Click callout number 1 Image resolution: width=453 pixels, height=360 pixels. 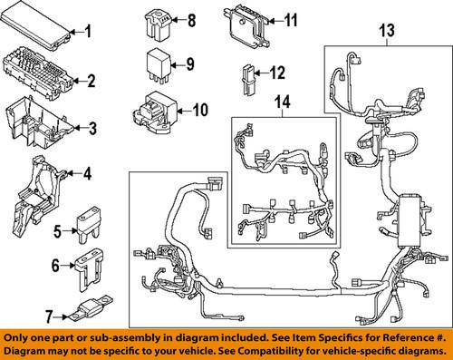(89, 34)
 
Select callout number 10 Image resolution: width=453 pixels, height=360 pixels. (199, 112)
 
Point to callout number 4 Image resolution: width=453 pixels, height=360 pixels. (88, 173)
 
